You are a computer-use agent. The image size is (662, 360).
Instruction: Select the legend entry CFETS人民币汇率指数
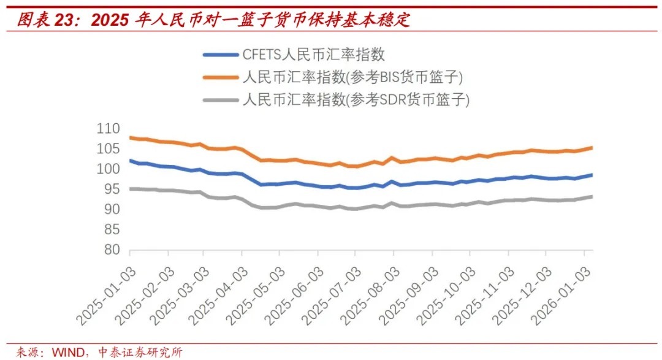[x=314, y=54]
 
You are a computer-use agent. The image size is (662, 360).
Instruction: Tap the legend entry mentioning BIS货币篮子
[x=352, y=77]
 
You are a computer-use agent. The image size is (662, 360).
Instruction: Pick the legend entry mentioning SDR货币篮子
[x=356, y=99]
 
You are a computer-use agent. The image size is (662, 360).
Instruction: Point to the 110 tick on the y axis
[x=108, y=129]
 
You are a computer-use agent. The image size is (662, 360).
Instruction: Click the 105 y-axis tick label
[x=108, y=149]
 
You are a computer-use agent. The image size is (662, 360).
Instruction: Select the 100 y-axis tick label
[x=108, y=169]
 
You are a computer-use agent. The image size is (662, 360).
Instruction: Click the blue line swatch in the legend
[x=220, y=55]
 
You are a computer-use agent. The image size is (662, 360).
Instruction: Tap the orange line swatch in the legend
[x=220, y=77]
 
